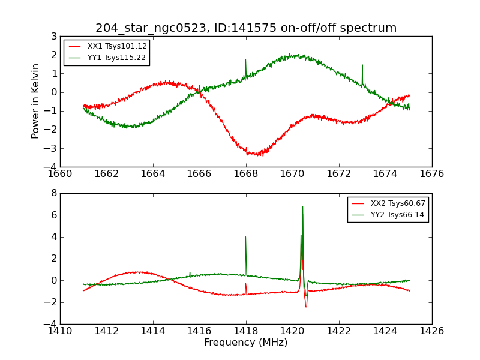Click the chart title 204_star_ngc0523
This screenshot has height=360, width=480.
[246, 28]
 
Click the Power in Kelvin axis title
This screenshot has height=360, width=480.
[36, 101]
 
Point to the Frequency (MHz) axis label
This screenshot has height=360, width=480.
[246, 343]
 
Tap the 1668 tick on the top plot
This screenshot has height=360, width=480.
[246, 173]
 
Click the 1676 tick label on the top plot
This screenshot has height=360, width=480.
[431, 173]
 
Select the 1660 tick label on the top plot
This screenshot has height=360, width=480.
[60, 173]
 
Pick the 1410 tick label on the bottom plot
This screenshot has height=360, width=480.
[60, 331]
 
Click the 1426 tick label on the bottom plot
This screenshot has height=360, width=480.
[431, 331]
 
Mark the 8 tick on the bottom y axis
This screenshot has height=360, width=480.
[54, 193]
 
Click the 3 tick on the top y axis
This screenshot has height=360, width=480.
[54, 36]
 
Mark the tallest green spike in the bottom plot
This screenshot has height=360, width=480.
[302, 208]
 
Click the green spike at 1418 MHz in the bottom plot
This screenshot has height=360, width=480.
[245, 238]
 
